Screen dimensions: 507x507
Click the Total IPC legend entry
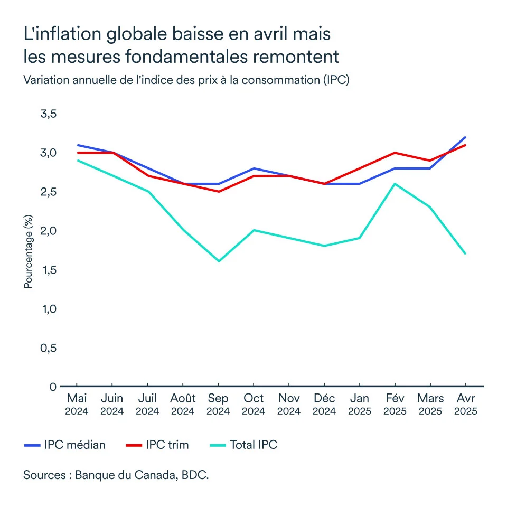[253, 445]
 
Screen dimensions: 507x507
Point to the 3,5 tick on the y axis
[49, 114]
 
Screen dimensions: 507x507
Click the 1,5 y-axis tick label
[49, 270]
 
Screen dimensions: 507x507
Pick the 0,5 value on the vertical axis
[49, 348]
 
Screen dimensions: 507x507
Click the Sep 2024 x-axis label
[218, 404]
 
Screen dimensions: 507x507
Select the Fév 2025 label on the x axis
[395, 404]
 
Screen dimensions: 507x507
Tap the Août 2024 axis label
[183, 404]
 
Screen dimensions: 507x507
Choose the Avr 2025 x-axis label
[465, 404]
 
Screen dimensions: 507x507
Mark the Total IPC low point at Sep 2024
[218, 261]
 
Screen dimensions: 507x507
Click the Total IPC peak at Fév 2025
[395, 184]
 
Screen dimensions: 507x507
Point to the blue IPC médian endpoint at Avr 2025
[465, 137]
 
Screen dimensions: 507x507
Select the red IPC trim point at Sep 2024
[218, 192]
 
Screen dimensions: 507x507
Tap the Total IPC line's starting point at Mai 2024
[77, 161]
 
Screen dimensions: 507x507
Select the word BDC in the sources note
[195, 474]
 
